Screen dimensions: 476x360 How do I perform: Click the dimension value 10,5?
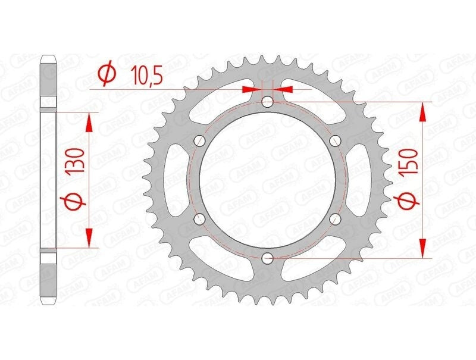(x=147, y=74)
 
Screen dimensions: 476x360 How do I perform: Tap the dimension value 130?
(x=75, y=161)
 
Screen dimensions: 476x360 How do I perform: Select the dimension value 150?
(x=412, y=161)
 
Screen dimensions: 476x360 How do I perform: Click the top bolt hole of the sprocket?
(x=267, y=102)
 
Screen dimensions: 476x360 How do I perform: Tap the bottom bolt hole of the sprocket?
(x=267, y=258)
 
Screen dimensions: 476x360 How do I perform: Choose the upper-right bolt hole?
(x=335, y=140)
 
